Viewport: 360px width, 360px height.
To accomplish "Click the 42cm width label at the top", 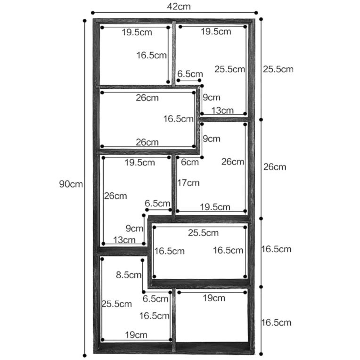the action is click(x=179, y=7).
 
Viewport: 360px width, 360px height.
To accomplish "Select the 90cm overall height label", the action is click(x=71, y=184).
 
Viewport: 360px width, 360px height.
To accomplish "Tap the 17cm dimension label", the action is click(x=188, y=183).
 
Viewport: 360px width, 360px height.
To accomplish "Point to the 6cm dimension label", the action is click(x=189, y=162).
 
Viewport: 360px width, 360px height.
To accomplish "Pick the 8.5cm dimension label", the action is click(x=129, y=275).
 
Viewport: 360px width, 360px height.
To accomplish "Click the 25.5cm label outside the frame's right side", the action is click(x=278, y=69).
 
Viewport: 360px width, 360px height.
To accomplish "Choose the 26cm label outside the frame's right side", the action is click(x=275, y=167).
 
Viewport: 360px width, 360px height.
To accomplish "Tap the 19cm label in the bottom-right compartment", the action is click(x=214, y=298).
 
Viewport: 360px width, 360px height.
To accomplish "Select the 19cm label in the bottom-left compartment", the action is click(x=136, y=335).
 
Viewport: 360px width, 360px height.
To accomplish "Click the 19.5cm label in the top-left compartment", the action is click(x=137, y=32).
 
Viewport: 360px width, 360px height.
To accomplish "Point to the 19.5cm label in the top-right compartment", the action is click(x=216, y=32).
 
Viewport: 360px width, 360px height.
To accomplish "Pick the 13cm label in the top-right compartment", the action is click(x=222, y=110).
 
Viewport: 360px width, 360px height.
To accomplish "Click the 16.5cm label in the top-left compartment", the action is click(x=152, y=55).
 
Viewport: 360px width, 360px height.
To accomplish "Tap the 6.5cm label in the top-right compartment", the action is click(x=190, y=74).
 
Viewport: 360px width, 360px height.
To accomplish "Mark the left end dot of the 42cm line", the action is click(x=93, y=13).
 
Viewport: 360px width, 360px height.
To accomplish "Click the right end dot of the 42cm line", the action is click(x=256, y=13).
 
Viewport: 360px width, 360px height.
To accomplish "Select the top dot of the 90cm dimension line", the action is click(x=85, y=21).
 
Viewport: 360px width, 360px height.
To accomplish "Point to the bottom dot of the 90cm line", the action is click(x=85, y=356).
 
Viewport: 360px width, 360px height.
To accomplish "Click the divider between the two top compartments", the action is click(x=174, y=54).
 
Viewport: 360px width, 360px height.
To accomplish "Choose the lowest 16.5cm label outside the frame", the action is click(x=276, y=323).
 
